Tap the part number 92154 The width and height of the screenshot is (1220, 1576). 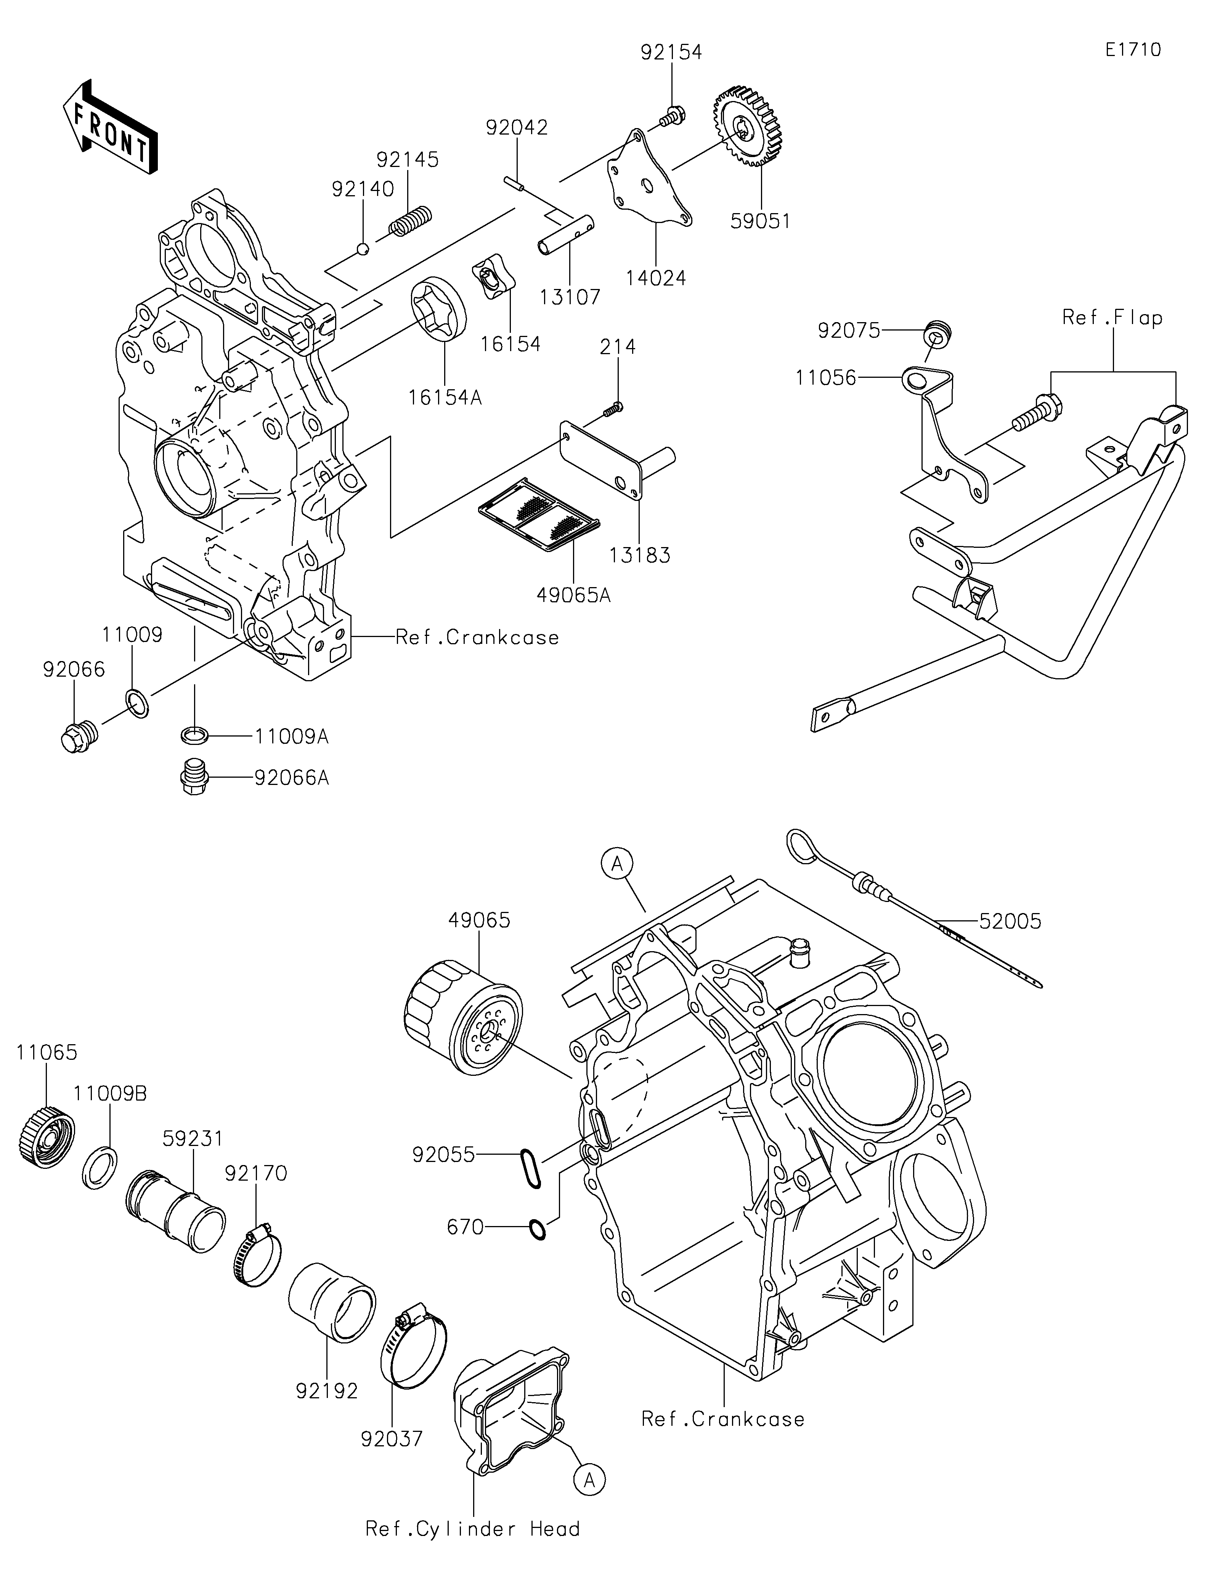coord(671,52)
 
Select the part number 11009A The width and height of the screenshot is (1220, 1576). coord(292,737)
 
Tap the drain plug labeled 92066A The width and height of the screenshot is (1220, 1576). coord(192,777)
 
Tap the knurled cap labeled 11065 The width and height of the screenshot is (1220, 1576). coord(46,1142)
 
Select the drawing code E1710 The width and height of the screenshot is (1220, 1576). coord(1133,50)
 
